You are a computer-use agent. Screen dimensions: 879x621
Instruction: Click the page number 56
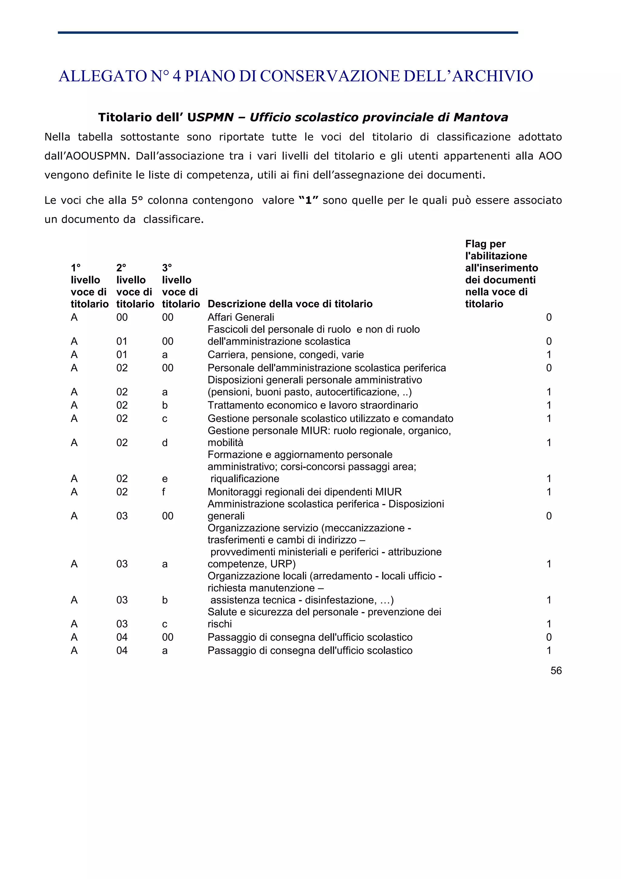pyautogui.click(x=556, y=670)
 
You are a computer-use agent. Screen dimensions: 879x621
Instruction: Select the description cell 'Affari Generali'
pyautogui.click(x=241, y=317)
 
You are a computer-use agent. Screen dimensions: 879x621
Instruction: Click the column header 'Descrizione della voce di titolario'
pyautogui.click(x=290, y=304)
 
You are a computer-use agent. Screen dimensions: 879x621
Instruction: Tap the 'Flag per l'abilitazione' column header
pyautogui.click(x=501, y=274)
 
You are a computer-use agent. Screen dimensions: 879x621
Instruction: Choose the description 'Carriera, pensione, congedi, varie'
pyautogui.click(x=285, y=355)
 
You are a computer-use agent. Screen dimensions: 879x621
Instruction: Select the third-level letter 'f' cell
pyautogui.click(x=164, y=492)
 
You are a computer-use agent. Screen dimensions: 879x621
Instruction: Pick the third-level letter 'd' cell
pyautogui.click(x=165, y=443)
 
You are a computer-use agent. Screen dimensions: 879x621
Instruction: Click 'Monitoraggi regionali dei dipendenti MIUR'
pyautogui.click(x=304, y=492)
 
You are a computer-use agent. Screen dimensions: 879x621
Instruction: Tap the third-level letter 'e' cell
pyautogui.click(x=165, y=479)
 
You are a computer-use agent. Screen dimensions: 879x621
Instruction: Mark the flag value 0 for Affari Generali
pyautogui.click(x=549, y=317)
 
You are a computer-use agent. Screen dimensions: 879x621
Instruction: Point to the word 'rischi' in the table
pyautogui.click(x=220, y=624)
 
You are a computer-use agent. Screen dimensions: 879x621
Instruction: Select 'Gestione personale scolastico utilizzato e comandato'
pyautogui.click(x=330, y=419)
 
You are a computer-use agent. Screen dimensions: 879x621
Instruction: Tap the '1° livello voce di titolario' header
pyautogui.click(x=89, y=286)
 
